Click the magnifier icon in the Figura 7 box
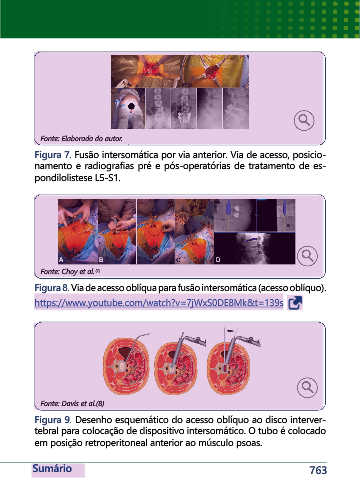point(304,120)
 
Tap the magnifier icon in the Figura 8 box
point(307,256)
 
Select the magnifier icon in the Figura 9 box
point(307,387)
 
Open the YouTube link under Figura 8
point(159,303)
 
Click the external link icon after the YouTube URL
point(295,303)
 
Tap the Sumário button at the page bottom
point(52,469)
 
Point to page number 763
point(318,470)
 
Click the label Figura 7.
point(53,155)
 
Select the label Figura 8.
point(52,288)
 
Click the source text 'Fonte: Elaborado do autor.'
point(81,138)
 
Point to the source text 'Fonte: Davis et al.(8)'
point(72,403)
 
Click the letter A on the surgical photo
point(61,260)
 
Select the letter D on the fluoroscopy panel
point(218,259)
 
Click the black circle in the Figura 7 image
point(132,106)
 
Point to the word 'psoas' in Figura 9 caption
point(249,443)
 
